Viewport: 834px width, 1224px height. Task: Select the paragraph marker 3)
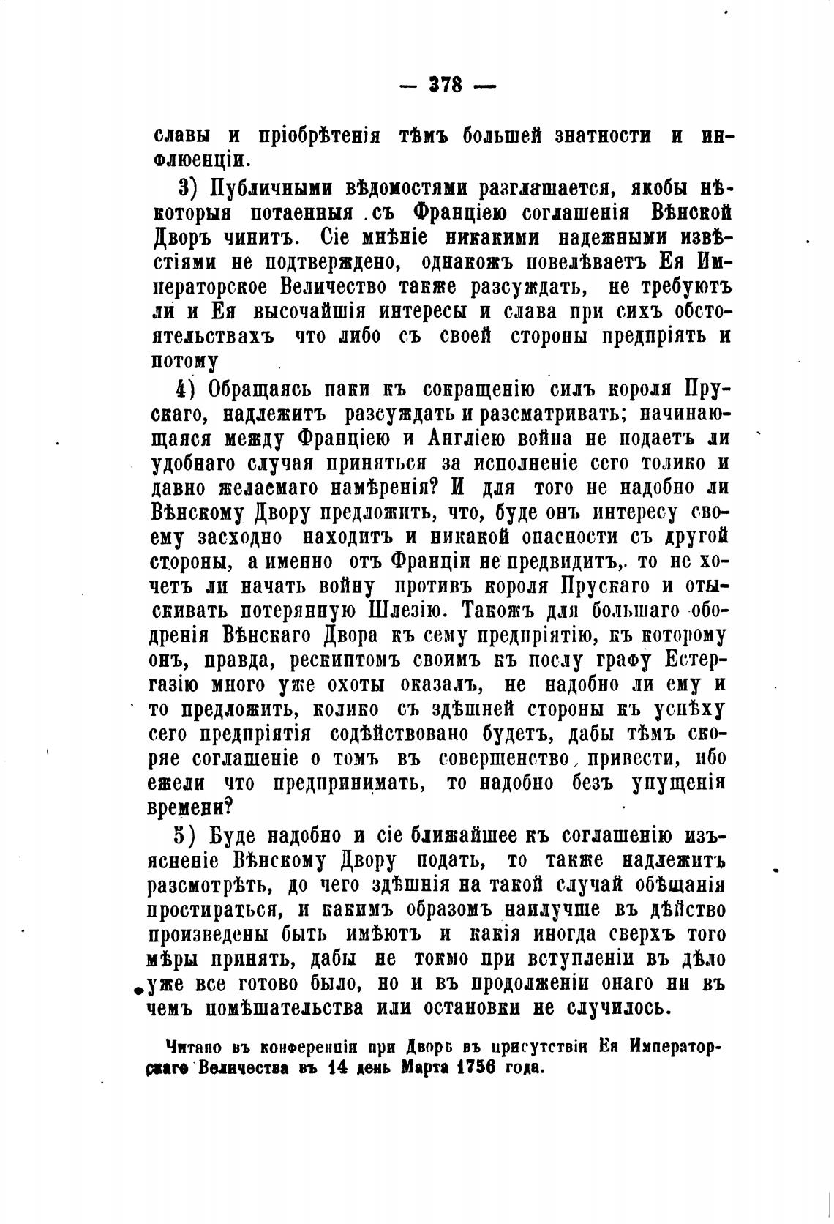click(189, 189)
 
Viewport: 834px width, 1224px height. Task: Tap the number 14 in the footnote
click(337, 1067)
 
